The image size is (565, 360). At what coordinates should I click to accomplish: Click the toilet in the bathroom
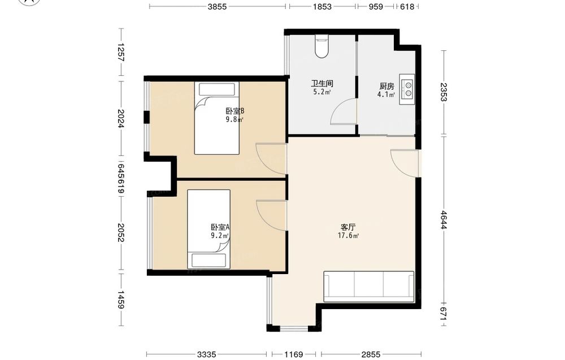(x=322, y=46)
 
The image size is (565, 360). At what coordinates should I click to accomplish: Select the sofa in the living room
(x=368, y=287)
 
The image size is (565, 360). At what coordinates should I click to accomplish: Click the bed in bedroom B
(x=217, y=118)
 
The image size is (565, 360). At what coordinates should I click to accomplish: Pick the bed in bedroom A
(x=208, y=229)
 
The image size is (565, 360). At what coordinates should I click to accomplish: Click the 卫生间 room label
(x=322, y=84)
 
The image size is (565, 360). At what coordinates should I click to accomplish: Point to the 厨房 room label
(x=386, y=86)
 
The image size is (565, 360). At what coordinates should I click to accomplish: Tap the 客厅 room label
(x=348, y=227)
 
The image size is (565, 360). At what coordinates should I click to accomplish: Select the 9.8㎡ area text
(x=234, y=120)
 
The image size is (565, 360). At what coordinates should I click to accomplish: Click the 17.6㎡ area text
(x=348, y=236)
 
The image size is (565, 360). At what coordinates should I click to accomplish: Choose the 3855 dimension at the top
(x=217, y=6)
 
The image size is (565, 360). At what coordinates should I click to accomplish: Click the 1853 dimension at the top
(x=322, y=6)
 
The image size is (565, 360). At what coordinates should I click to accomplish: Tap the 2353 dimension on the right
(x=443, y=92)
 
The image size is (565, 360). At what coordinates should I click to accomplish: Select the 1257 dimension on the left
(x=121, y=52)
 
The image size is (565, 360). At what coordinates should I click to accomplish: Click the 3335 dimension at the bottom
(x=206, y=354)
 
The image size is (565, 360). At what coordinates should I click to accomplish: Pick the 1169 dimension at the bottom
(x=293, y=354)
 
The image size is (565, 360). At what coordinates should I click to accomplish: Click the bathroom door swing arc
(x=341, y=110)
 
